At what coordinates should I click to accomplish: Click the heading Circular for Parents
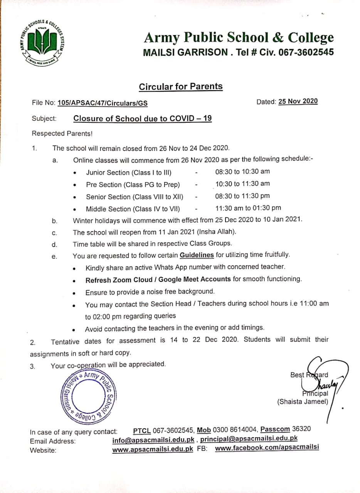[x=180, y=86]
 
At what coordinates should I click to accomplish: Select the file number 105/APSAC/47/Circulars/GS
[x=102, y=103]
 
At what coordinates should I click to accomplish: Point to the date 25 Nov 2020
[x=298, y=101]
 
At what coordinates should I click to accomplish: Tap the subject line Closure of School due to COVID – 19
[x=142, y=119]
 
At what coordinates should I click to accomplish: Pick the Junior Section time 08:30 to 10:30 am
[x=242, y=172]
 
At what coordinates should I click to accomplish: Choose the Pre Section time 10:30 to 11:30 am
[x=242, y=184]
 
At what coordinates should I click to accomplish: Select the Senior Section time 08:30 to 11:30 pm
[x=242, y=196]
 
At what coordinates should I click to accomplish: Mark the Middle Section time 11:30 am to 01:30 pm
[x=248, y=208]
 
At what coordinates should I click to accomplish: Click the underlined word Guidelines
[x=197, y=255]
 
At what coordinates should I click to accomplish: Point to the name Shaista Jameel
[x=303, y=402]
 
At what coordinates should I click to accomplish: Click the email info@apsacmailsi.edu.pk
[x=153, y=439]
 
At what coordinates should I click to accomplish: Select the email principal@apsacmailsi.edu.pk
[x=249, y=438]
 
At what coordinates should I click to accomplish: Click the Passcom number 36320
[x=302, y=429]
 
